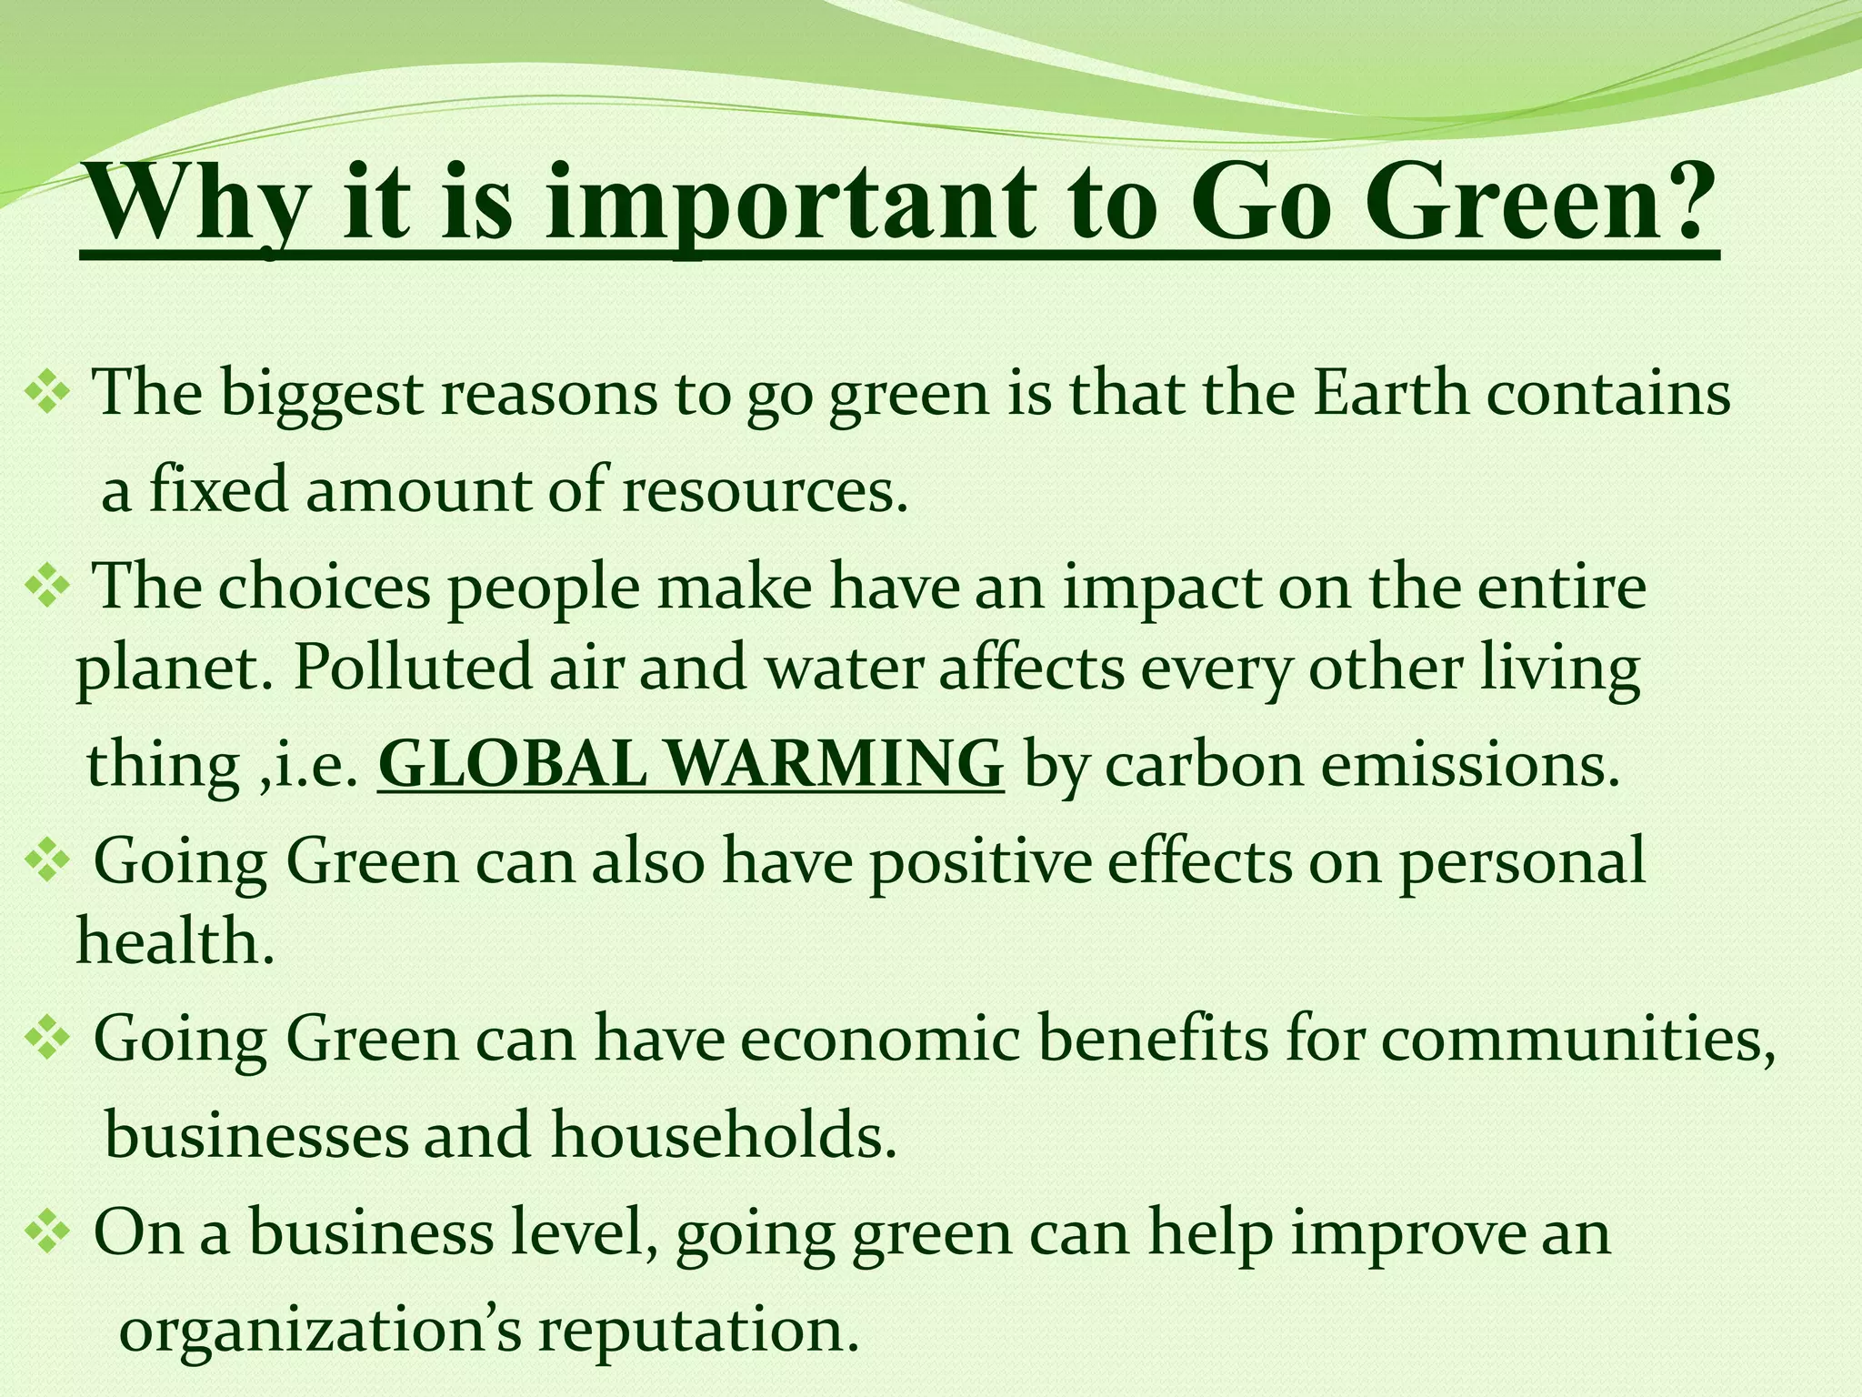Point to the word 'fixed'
(218, 489)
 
